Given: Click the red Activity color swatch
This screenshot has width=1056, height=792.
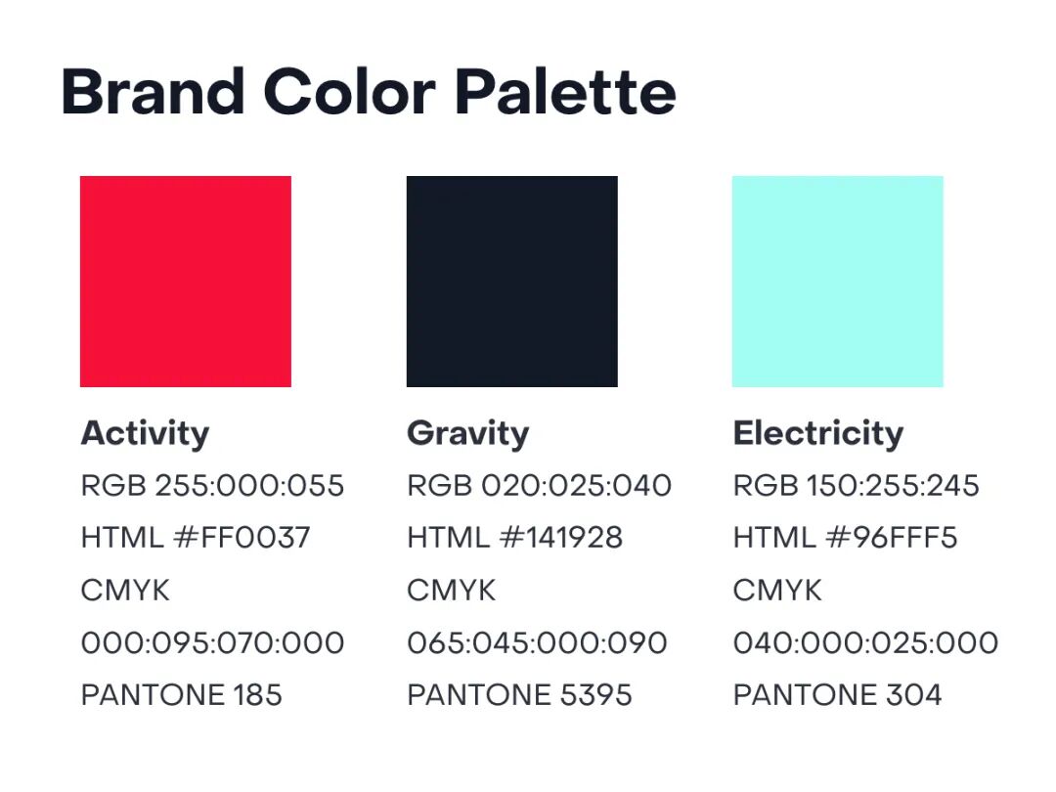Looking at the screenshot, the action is (x=185, y=282).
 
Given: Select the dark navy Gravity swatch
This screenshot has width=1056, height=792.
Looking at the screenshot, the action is (x=511, y=282).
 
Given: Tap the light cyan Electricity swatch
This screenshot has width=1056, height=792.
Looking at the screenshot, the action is (x=838, y=282).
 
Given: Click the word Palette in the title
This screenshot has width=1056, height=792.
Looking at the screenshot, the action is (x=565, y=92).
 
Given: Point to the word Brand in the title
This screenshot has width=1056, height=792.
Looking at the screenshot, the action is (x=153, y=92).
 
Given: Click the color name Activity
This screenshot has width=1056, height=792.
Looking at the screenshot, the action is (x=145, y=433).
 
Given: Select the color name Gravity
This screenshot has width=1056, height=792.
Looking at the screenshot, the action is (x=468, y=433).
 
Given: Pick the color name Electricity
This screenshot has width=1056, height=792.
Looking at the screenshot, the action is (x=818, y=433).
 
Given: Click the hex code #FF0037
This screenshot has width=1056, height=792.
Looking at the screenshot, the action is (x=242, y=538).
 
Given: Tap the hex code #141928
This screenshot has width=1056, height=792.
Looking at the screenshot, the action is (x=561, y=538).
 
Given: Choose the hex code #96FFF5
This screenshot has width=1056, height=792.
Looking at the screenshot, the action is (x=892, y=538).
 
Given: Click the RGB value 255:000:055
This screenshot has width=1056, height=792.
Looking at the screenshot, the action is (x=250, y=486).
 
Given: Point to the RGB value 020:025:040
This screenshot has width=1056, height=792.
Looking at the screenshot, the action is (x=577, y=486).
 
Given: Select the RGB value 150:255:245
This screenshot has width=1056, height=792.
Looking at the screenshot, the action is (x=893, y=486).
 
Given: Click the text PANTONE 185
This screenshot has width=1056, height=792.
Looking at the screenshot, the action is (x=181, y=695).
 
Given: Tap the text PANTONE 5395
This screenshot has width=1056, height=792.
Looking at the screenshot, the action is (x=520, y=695).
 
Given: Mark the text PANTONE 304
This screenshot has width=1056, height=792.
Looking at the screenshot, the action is (x=837, y=695).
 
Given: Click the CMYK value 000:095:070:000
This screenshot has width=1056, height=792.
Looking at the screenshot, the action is (x=213, y=642).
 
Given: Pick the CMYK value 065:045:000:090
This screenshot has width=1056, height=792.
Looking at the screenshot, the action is (x=538, y=642).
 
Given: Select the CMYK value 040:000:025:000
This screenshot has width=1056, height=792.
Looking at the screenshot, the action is (x=865, y=642).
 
